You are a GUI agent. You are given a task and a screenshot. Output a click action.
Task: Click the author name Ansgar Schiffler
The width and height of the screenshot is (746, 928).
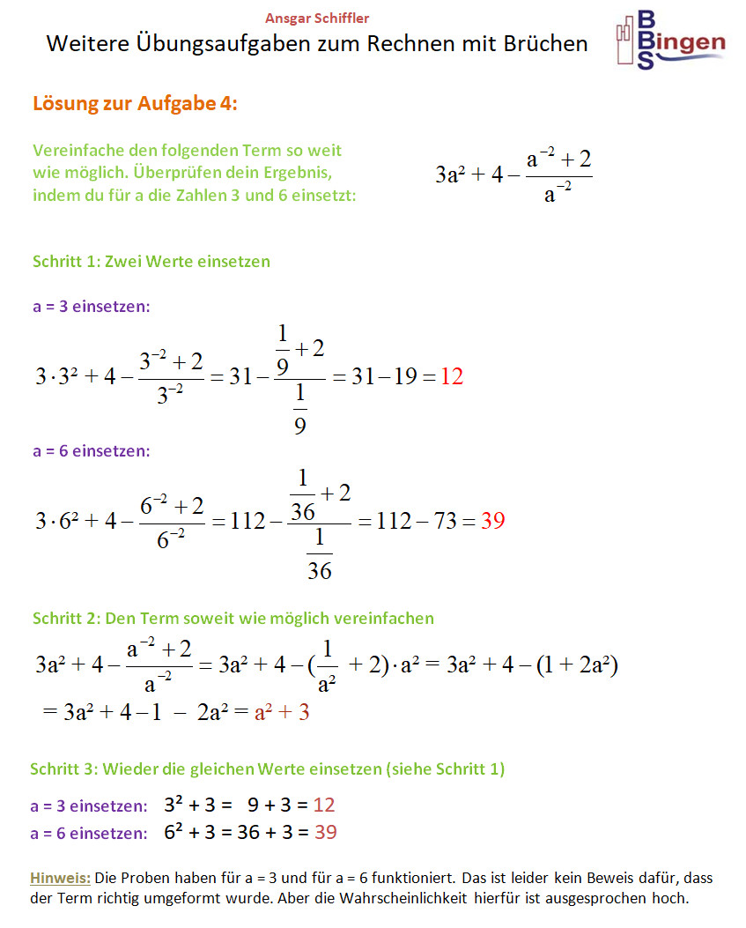click(x=317, y=19)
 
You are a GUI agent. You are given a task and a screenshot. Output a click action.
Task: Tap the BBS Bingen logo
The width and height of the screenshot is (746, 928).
click(x=670, y=41)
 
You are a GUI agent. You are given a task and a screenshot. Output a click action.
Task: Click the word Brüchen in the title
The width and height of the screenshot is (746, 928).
click(x=541, y=43)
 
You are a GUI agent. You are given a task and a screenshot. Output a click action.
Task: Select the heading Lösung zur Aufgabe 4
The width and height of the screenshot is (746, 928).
click(x=135, y=103)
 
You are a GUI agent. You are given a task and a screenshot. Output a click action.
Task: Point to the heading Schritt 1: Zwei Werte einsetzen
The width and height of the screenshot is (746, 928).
click(x=151, y=261)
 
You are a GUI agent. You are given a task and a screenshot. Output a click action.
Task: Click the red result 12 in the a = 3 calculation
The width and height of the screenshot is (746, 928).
click(x=452, y=377)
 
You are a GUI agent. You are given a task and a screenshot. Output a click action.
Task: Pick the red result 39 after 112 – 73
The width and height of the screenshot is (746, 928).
click(x=493, y=521)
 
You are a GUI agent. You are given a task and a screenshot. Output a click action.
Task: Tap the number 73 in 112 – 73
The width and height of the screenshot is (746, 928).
click(x=446, y=521)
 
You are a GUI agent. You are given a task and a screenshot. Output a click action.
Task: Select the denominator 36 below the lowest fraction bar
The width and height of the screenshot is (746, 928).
click(x=320, y=571)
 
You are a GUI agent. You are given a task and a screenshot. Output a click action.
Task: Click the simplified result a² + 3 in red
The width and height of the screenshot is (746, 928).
click(x=282, y=712)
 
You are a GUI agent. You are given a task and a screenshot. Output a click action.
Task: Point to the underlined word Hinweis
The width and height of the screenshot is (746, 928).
click(x=60, y=878)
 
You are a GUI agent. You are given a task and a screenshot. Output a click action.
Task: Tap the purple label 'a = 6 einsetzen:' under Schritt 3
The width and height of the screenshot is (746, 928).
click(x=89, y=833)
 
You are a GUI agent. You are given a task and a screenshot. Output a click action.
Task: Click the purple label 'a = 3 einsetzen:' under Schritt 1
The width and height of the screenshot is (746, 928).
click(x=92, y=307)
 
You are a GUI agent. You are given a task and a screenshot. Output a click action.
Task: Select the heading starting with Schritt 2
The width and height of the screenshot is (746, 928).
click(x=233, y=618)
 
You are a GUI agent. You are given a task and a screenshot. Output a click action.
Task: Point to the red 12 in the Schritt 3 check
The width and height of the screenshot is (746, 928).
click(x=324, y=805)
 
